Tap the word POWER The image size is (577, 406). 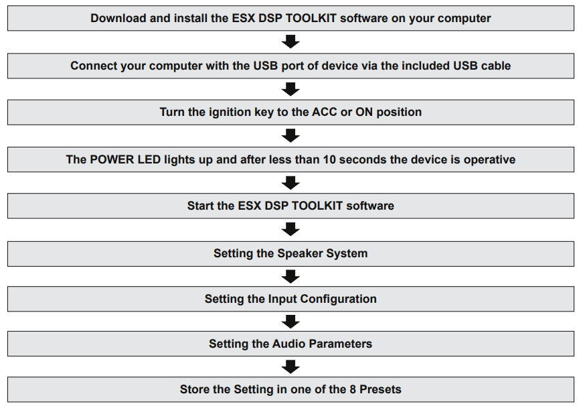point(110,159)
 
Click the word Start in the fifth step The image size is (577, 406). point(201,206)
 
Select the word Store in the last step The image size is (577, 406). point(195,389)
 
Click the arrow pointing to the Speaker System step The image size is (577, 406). point(291,230)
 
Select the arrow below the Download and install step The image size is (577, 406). point(291,42)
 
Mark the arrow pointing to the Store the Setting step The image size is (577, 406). point(291,366)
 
